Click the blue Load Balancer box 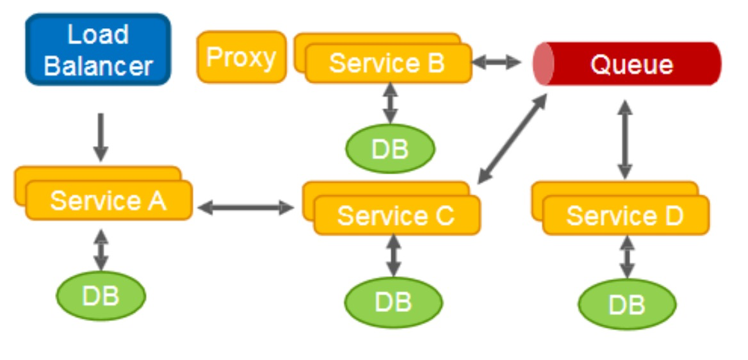pos(98,49)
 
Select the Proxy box pos(241,58)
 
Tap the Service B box pos(387,63)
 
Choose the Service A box pos(108,200)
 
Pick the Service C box pos(396,215)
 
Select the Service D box pos(625,215)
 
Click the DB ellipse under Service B pos(390,149)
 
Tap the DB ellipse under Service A pos(101,296)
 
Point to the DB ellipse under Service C pos(393,302)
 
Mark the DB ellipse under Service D pos(627,304)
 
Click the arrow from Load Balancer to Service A pos(100,137)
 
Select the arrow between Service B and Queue pos(497,62)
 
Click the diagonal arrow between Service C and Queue pos(513,137)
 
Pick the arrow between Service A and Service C pos(246,207)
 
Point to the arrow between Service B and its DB pos(389,104)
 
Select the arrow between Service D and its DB pos(627,258)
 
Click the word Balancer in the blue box pos(99,65)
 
